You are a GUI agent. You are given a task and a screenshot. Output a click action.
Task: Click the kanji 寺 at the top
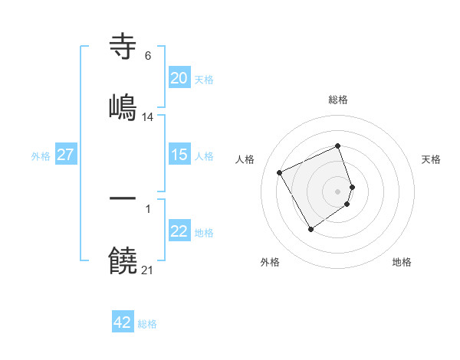(123, 47)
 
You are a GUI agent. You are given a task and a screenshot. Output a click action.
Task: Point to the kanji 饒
(123, 260)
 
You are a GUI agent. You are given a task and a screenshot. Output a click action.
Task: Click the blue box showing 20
(179, 78)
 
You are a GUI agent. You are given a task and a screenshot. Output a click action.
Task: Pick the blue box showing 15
(179, 155)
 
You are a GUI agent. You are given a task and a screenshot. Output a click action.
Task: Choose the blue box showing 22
(179, 232)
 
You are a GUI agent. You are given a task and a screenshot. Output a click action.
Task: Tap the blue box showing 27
(65, 155)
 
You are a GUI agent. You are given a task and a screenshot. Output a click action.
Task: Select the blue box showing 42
(123, 323)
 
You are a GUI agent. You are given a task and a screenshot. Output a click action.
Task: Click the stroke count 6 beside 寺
(147, 56)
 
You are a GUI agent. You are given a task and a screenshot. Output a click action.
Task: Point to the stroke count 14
(148, 117)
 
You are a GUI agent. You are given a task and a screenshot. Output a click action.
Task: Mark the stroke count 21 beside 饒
(148, 270)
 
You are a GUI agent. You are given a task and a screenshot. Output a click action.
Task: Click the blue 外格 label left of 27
(41, 156)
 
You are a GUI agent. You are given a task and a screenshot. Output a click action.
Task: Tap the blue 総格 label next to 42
(147, 324)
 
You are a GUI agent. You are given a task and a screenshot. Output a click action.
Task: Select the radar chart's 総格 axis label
(338, 100)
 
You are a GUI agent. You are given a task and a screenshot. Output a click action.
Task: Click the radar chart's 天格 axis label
(431, 159)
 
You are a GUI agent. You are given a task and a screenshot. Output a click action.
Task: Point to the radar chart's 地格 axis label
(402, 262)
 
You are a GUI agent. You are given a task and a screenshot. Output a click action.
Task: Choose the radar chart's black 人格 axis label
(245, 159)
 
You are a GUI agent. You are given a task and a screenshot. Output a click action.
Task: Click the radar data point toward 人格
(280, 172)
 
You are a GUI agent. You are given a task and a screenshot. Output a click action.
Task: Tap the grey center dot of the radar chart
(338, 190)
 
